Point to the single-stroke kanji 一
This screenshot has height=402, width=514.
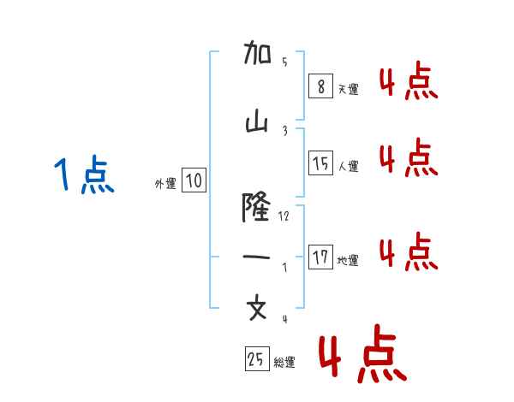(x=257, y=257)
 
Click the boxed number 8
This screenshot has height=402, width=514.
(x=320, y=86)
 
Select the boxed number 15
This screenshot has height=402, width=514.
(x=320, y=163)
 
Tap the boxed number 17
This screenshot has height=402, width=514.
(x=320, y=257)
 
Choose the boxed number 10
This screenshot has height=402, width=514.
(x=194, y=180)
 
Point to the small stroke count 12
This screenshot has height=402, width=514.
(x=284, y=216)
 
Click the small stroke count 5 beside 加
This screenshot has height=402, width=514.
(x=284, y=62)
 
